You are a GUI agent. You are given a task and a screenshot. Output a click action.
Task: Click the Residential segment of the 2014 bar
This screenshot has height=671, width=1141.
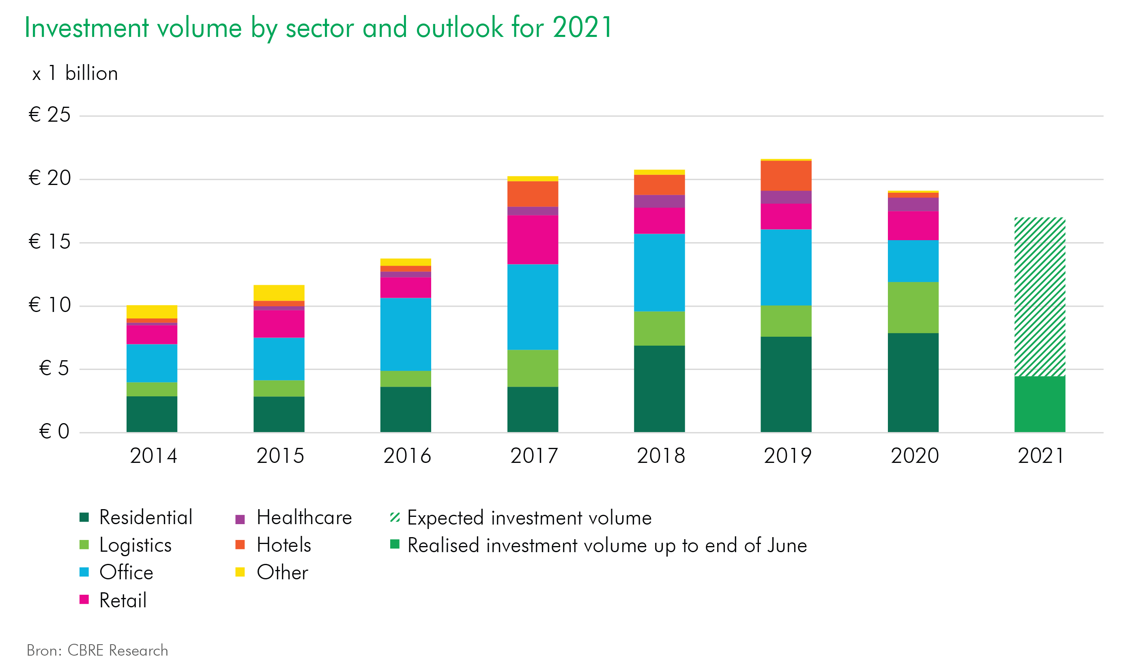coord(152,414)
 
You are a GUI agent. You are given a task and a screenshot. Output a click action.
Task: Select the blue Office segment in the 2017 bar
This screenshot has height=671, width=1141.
coord(533,307)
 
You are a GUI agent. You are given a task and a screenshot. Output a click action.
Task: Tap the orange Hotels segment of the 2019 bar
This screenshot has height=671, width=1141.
coord(786,176)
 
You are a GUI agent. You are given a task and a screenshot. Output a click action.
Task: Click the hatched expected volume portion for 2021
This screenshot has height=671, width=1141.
coord(1040,297)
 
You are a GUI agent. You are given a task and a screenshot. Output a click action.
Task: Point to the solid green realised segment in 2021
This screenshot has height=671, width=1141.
coord(1040,404)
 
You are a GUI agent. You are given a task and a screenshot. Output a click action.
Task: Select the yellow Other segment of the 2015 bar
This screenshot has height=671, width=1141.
coord(279,292)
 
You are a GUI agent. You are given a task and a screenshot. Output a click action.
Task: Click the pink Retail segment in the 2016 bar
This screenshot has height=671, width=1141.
coord(405,287)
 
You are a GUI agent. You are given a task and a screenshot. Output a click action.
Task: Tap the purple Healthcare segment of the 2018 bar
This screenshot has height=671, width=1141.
coord(659,201)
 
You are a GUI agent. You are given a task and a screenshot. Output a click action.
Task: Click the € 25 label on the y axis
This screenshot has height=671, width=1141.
coord(49,114)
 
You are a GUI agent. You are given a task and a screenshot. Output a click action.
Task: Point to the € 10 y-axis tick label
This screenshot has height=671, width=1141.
coord(49,305)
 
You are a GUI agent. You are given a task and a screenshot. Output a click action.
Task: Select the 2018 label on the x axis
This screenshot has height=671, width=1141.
coord(661,456)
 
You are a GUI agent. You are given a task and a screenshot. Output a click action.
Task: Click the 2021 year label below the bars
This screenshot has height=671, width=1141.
coord(1041,456)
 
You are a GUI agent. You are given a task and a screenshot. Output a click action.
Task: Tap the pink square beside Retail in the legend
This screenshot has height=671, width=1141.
coord(84,600)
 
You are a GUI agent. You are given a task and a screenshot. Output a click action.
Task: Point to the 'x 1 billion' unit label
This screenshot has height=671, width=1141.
coord(75,73)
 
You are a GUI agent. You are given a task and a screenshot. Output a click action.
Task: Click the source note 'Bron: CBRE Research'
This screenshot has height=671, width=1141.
coord(97,650)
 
